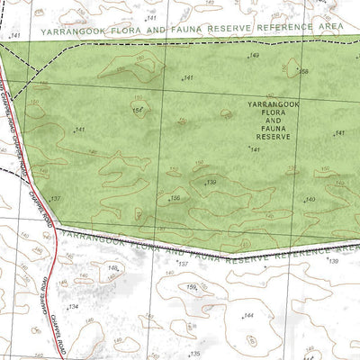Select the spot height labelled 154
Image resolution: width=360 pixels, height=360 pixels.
(x=138, y=110)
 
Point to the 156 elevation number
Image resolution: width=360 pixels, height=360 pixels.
(x=175, y=198)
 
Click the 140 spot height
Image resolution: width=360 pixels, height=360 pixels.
(x=310, y=198)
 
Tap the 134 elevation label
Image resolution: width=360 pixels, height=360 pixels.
(x=74, y=307)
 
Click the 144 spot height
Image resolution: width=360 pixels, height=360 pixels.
(x=248, y=316)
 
